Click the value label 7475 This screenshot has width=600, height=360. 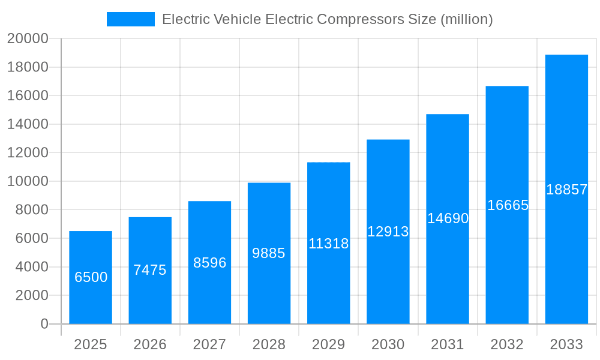[150, 270]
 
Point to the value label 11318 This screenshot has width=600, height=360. [328, 244]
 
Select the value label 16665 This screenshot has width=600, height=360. [508, 205]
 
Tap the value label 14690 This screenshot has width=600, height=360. [448, 218]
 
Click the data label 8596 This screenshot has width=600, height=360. [209, 263]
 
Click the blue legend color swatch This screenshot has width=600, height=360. [130, 19]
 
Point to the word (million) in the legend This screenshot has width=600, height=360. [466, 19]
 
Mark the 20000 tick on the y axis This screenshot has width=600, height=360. [27, 38]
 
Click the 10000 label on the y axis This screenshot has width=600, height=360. [27, 181]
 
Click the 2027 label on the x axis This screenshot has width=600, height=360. [209, 344]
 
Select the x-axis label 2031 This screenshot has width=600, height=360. [448, 344]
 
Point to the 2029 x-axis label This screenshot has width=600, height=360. [328, 344]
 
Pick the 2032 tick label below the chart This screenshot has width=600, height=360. [507, 344]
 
